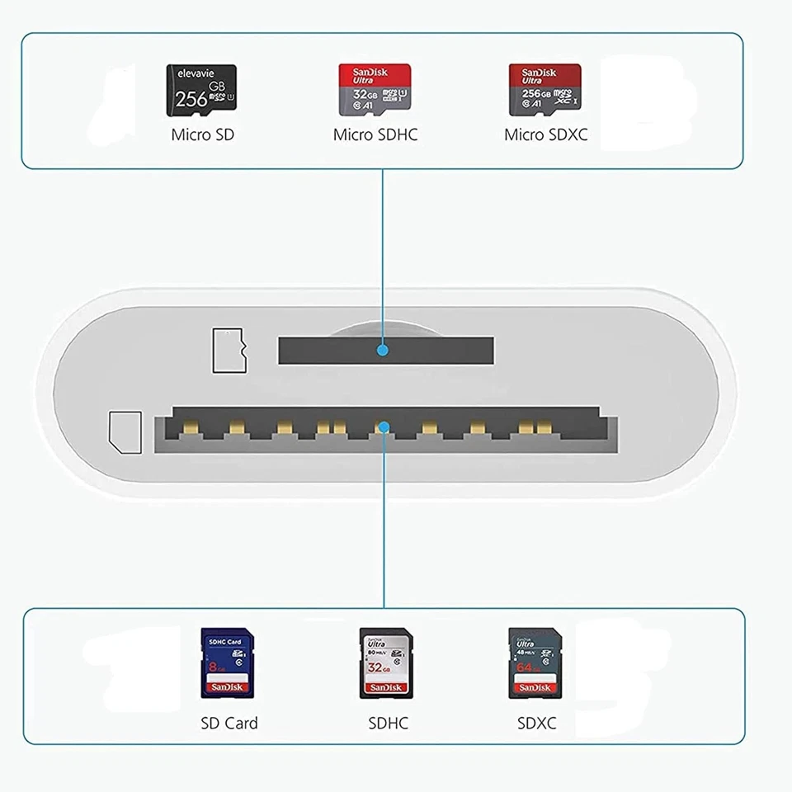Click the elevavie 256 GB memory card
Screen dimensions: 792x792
[x=201, y=90]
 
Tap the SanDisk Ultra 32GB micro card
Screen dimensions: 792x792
[x=375, y=90]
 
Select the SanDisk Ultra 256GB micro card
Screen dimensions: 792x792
[x=544, y=90]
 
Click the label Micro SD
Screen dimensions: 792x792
[x=202, y=134]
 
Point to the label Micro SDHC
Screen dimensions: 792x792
[x=375, y=134]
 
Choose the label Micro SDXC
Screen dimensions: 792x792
[x=545, y=134]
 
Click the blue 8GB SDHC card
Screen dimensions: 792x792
[x=227, y=662]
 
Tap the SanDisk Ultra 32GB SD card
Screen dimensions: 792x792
[x=385, y=662]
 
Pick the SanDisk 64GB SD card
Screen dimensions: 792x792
[x=534, y=662]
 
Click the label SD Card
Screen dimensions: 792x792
[x=229, y=724]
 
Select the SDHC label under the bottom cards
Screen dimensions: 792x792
[x=388, y=724]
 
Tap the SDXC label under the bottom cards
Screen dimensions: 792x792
[x=536, y=724]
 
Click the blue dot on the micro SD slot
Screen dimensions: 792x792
[x=382, y=351]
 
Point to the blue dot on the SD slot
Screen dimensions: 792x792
[x=382, y=427]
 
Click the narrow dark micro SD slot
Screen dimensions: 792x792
[x=330, y=351]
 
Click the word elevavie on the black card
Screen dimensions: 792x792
[x=195, y=73]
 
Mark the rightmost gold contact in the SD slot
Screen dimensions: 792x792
[x=544, y=427]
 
